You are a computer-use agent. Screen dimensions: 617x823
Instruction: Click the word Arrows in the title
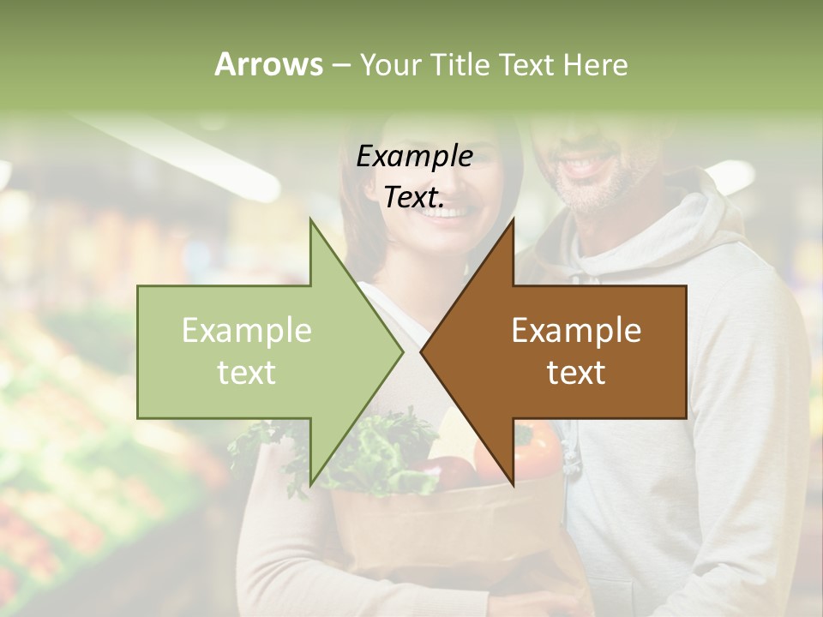(x=268, y=64)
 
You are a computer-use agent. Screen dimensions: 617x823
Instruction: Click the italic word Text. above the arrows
(x=413, y=197)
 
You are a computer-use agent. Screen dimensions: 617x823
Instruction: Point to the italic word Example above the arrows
(x=414, y=157)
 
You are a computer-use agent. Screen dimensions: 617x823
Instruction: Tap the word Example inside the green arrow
(x=247, y=331)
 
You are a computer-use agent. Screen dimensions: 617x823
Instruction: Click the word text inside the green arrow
(x=247, y=373)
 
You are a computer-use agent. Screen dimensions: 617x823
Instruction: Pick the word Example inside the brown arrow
(x=576, y=331)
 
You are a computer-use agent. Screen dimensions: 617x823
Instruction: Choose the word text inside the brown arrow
(x=576, y=373)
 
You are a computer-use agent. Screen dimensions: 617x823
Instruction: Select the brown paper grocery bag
(x=446, y=531)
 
